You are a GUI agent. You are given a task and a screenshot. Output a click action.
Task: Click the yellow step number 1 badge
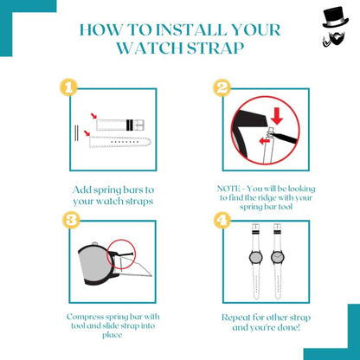pos(68,87)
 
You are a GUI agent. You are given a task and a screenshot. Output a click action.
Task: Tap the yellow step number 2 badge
pos(222,87)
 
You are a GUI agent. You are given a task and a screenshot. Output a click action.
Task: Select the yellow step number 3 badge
pos(71,220)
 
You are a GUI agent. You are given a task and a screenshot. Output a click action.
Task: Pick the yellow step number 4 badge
pos(222,221)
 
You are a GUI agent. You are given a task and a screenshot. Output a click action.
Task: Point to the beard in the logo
pos(337,39)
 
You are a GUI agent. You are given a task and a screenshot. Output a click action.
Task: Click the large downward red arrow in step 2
pos(277,116)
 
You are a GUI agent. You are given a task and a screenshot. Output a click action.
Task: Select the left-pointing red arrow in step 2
pos(265,141)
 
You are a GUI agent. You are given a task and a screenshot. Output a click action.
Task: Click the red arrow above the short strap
pos(93,116)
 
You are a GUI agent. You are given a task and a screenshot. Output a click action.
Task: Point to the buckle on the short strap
pos(139,125)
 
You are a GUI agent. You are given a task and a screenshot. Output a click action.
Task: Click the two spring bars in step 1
pos(76,133)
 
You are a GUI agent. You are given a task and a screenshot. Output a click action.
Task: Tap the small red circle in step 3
pos(121,254)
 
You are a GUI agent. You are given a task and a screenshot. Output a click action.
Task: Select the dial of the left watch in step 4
pos(255,257)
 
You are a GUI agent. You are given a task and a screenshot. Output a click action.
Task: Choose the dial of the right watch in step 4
pos(278,257)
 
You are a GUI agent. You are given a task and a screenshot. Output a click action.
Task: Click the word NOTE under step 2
pos(228,189)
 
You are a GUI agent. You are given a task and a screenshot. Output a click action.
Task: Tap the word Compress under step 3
pos(85,317)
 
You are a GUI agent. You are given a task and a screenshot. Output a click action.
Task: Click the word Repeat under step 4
pos(235,318)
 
